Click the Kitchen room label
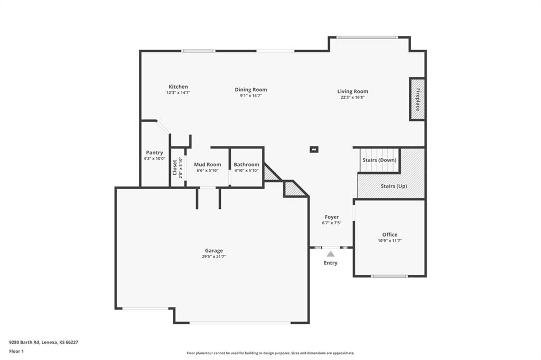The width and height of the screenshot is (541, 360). coord(178,87)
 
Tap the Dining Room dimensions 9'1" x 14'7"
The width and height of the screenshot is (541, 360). coord(251,96)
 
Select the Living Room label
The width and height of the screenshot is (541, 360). coord(352,91)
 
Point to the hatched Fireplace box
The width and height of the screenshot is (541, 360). coord(417,99)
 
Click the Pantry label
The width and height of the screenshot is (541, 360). coord(154,153)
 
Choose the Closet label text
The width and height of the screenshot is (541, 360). coord(174,167)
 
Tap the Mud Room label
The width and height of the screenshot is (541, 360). coord(207,165)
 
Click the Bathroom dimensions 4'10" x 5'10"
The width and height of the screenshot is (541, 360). coord(246,170)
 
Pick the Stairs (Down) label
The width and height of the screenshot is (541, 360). coord(379,160)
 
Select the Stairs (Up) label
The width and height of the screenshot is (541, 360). coord(394,186)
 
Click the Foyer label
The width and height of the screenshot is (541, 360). coord(332,217)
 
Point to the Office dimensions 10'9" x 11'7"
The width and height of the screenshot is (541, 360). coord(389,241)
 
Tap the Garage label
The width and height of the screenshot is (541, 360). coord(214,251)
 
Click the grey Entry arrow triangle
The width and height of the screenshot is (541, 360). coord(331,254)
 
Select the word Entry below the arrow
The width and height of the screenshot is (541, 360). coord(331,263)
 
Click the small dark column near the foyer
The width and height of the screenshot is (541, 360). coord(314,150)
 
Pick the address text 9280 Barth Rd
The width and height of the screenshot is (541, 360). coord(24,343)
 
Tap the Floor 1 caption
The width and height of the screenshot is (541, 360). coord(16,352)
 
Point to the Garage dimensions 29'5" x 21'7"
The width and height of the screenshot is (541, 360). coord(214,257)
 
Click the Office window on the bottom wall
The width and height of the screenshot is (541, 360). coord(389,276)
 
